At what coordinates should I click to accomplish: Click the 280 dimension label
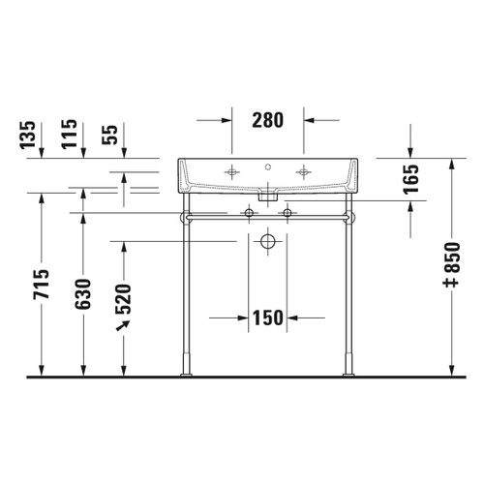pos(267,121)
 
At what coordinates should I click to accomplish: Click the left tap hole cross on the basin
pos(231,172)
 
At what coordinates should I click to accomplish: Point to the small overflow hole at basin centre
pos(268,166)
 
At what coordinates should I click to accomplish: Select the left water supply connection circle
pos(249,211)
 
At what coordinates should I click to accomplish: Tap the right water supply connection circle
pos(287,211)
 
